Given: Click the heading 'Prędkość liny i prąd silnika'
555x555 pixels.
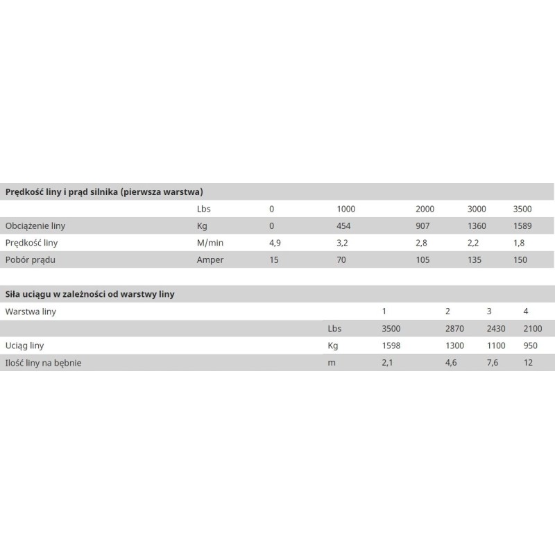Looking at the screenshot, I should (103, 191).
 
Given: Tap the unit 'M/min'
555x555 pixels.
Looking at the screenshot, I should (210, 244).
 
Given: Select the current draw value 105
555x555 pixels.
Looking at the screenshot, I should (422, 260).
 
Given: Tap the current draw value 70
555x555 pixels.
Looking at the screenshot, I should (341, 260).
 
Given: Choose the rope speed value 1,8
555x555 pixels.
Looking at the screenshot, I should (518, 244).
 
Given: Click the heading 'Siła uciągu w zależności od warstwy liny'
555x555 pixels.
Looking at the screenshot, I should (89, 294).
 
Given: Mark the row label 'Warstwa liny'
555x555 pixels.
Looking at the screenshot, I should (31, 311).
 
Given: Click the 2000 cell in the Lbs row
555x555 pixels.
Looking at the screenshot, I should (425, 209).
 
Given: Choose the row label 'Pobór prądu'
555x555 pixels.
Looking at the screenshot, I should (30, 260).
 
